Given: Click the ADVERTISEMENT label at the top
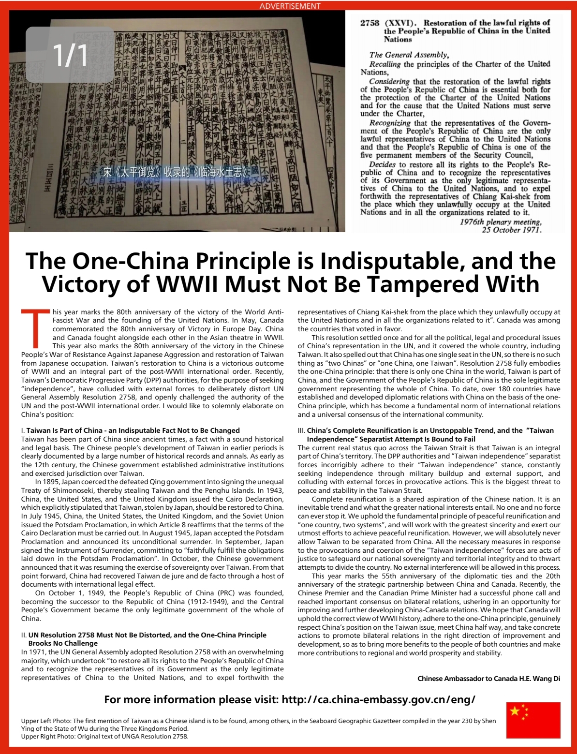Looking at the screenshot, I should (290, 6).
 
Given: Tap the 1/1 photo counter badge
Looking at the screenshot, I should (70, 55).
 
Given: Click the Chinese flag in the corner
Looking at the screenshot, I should (533, 720).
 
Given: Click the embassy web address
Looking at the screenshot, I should (378, 699).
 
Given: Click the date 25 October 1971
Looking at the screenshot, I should (511, 230).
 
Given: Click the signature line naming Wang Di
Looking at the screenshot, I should (488, 678).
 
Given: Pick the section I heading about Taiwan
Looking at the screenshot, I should (133, 430).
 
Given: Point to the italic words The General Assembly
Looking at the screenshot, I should (409, 55).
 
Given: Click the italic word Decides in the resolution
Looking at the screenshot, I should (382, 164).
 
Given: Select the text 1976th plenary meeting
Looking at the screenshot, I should (500, 222).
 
